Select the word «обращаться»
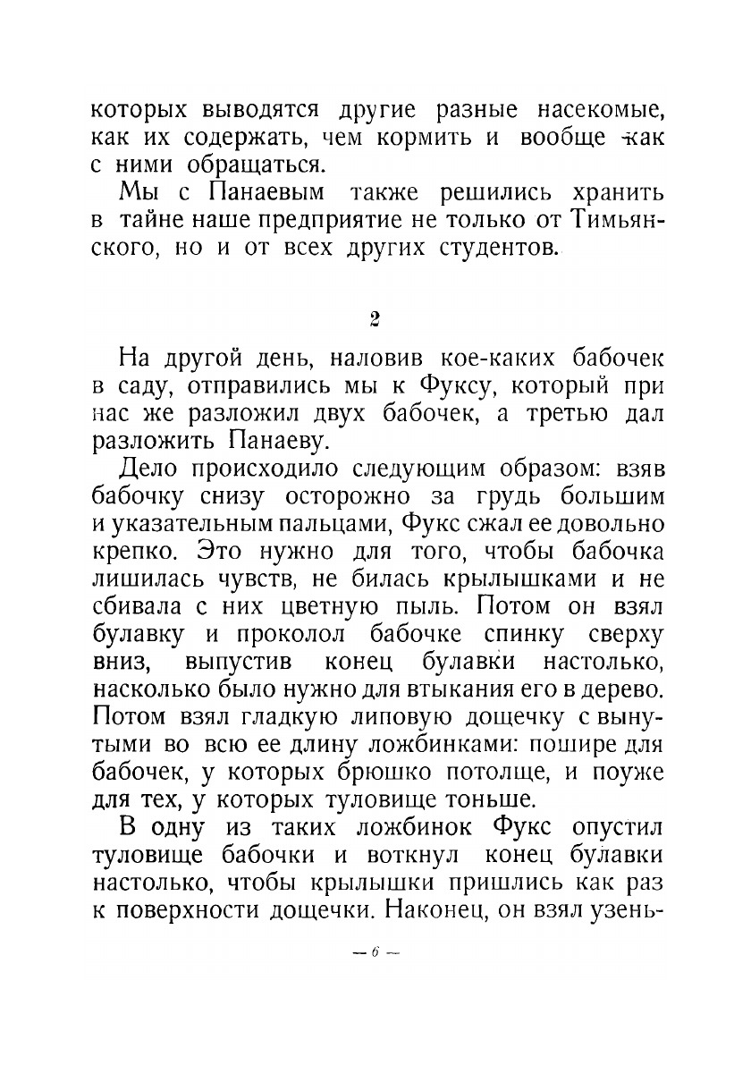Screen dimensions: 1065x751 pyautogui.click(x=243, y=166)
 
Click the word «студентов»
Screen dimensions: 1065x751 pyautogui.click(x=486, y=247)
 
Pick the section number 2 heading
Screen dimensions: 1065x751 pyautogui.click(x=375, y=319)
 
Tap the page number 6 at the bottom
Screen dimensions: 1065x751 pyautogui.click(x=375, y=953)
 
